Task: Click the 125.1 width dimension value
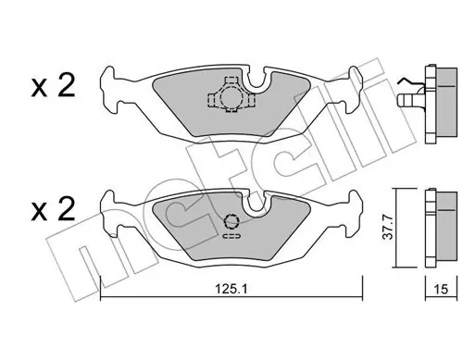pos(231,290)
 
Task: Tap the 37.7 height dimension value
pos(388,228)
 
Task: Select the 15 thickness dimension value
pos(441,290)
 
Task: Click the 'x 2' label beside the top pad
pos(53,86)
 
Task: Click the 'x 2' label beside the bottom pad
pos(53,209)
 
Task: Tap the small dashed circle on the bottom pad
pos(232,221)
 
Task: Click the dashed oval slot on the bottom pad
pos(231,237)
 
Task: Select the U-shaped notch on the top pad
pos(256,81)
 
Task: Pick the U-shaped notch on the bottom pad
pos(256,202)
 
